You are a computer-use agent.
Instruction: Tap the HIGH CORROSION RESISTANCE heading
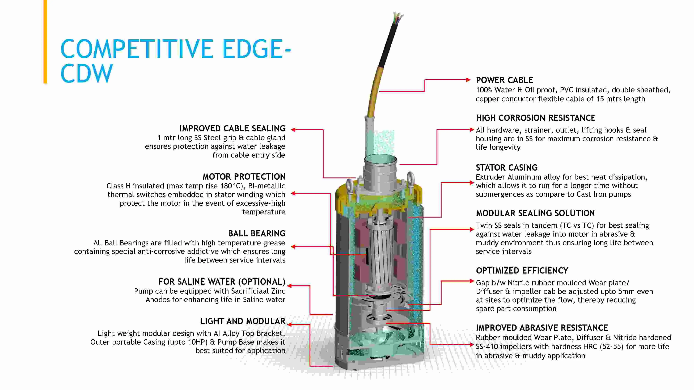(x=536, y=118)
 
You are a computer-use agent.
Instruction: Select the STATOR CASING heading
(x=506, y=168)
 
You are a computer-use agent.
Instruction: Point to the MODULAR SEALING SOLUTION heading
(x=535, y=213)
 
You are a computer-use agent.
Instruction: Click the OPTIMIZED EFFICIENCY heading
(x=522, y=271)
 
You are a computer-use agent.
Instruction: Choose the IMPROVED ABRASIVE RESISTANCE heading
(x=542, y=328)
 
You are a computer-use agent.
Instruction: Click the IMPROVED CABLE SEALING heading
(x=232, y=128)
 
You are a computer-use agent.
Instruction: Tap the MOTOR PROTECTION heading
(x=244, y=177)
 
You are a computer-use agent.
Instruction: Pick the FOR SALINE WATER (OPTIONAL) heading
(x=222, y=282)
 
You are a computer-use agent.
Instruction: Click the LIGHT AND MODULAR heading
(x=243, y=321)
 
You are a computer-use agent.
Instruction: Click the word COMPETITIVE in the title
(x=137, y=49)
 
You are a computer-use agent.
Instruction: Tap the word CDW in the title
(x=86, y=73)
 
